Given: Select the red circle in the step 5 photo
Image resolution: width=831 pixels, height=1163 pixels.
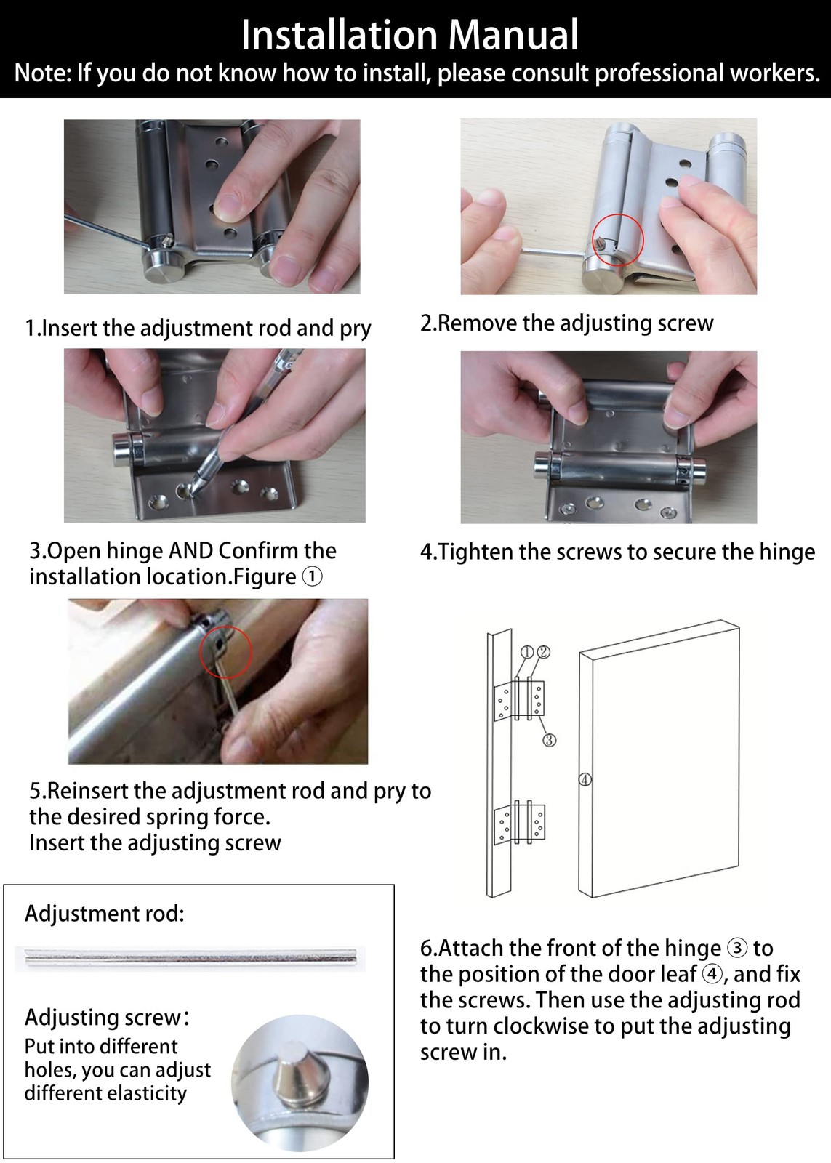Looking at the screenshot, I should click(225, 652).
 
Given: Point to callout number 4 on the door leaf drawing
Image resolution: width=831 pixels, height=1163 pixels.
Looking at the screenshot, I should click(585, 780).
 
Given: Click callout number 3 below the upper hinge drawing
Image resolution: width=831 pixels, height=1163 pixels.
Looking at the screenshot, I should click(550, 740).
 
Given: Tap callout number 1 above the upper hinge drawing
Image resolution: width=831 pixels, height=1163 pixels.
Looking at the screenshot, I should click(529, 652).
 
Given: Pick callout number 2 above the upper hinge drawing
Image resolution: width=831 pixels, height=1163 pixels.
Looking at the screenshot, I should click(543, 652).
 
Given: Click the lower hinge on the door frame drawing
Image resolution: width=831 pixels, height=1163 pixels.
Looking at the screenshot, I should click(519, 823).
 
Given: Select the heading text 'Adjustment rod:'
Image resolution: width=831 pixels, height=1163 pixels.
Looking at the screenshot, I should click(105, 914).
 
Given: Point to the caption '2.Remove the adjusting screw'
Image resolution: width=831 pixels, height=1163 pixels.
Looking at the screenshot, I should click(566, 323).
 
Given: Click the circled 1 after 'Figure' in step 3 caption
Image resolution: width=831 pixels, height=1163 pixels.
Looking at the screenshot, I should click(312, 577).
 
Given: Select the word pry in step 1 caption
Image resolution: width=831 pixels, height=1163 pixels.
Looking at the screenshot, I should click(355, 329).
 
